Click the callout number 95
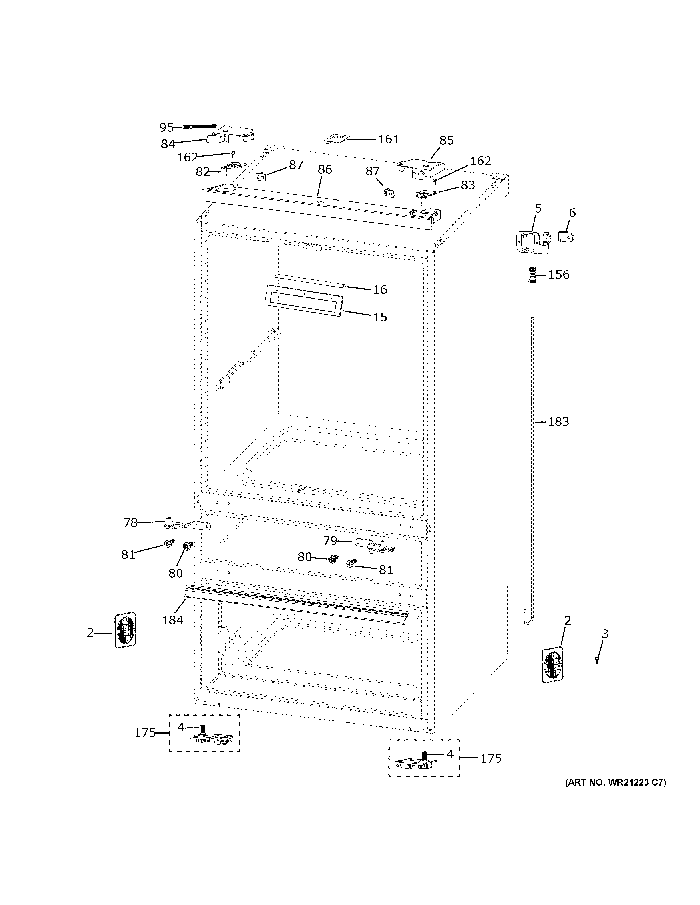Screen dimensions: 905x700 [x=166, y=127]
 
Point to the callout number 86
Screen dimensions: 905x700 [x=325, y=169]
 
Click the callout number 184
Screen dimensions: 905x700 [x=172, y=620]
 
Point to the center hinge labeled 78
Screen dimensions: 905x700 [x=187, y=525]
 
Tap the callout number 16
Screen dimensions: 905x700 [x=380, y=290]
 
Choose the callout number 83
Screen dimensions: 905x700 [x=467, y=185]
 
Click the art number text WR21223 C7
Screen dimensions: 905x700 [x=615, y=783]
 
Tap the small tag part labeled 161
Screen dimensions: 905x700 [x=336, y=138]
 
